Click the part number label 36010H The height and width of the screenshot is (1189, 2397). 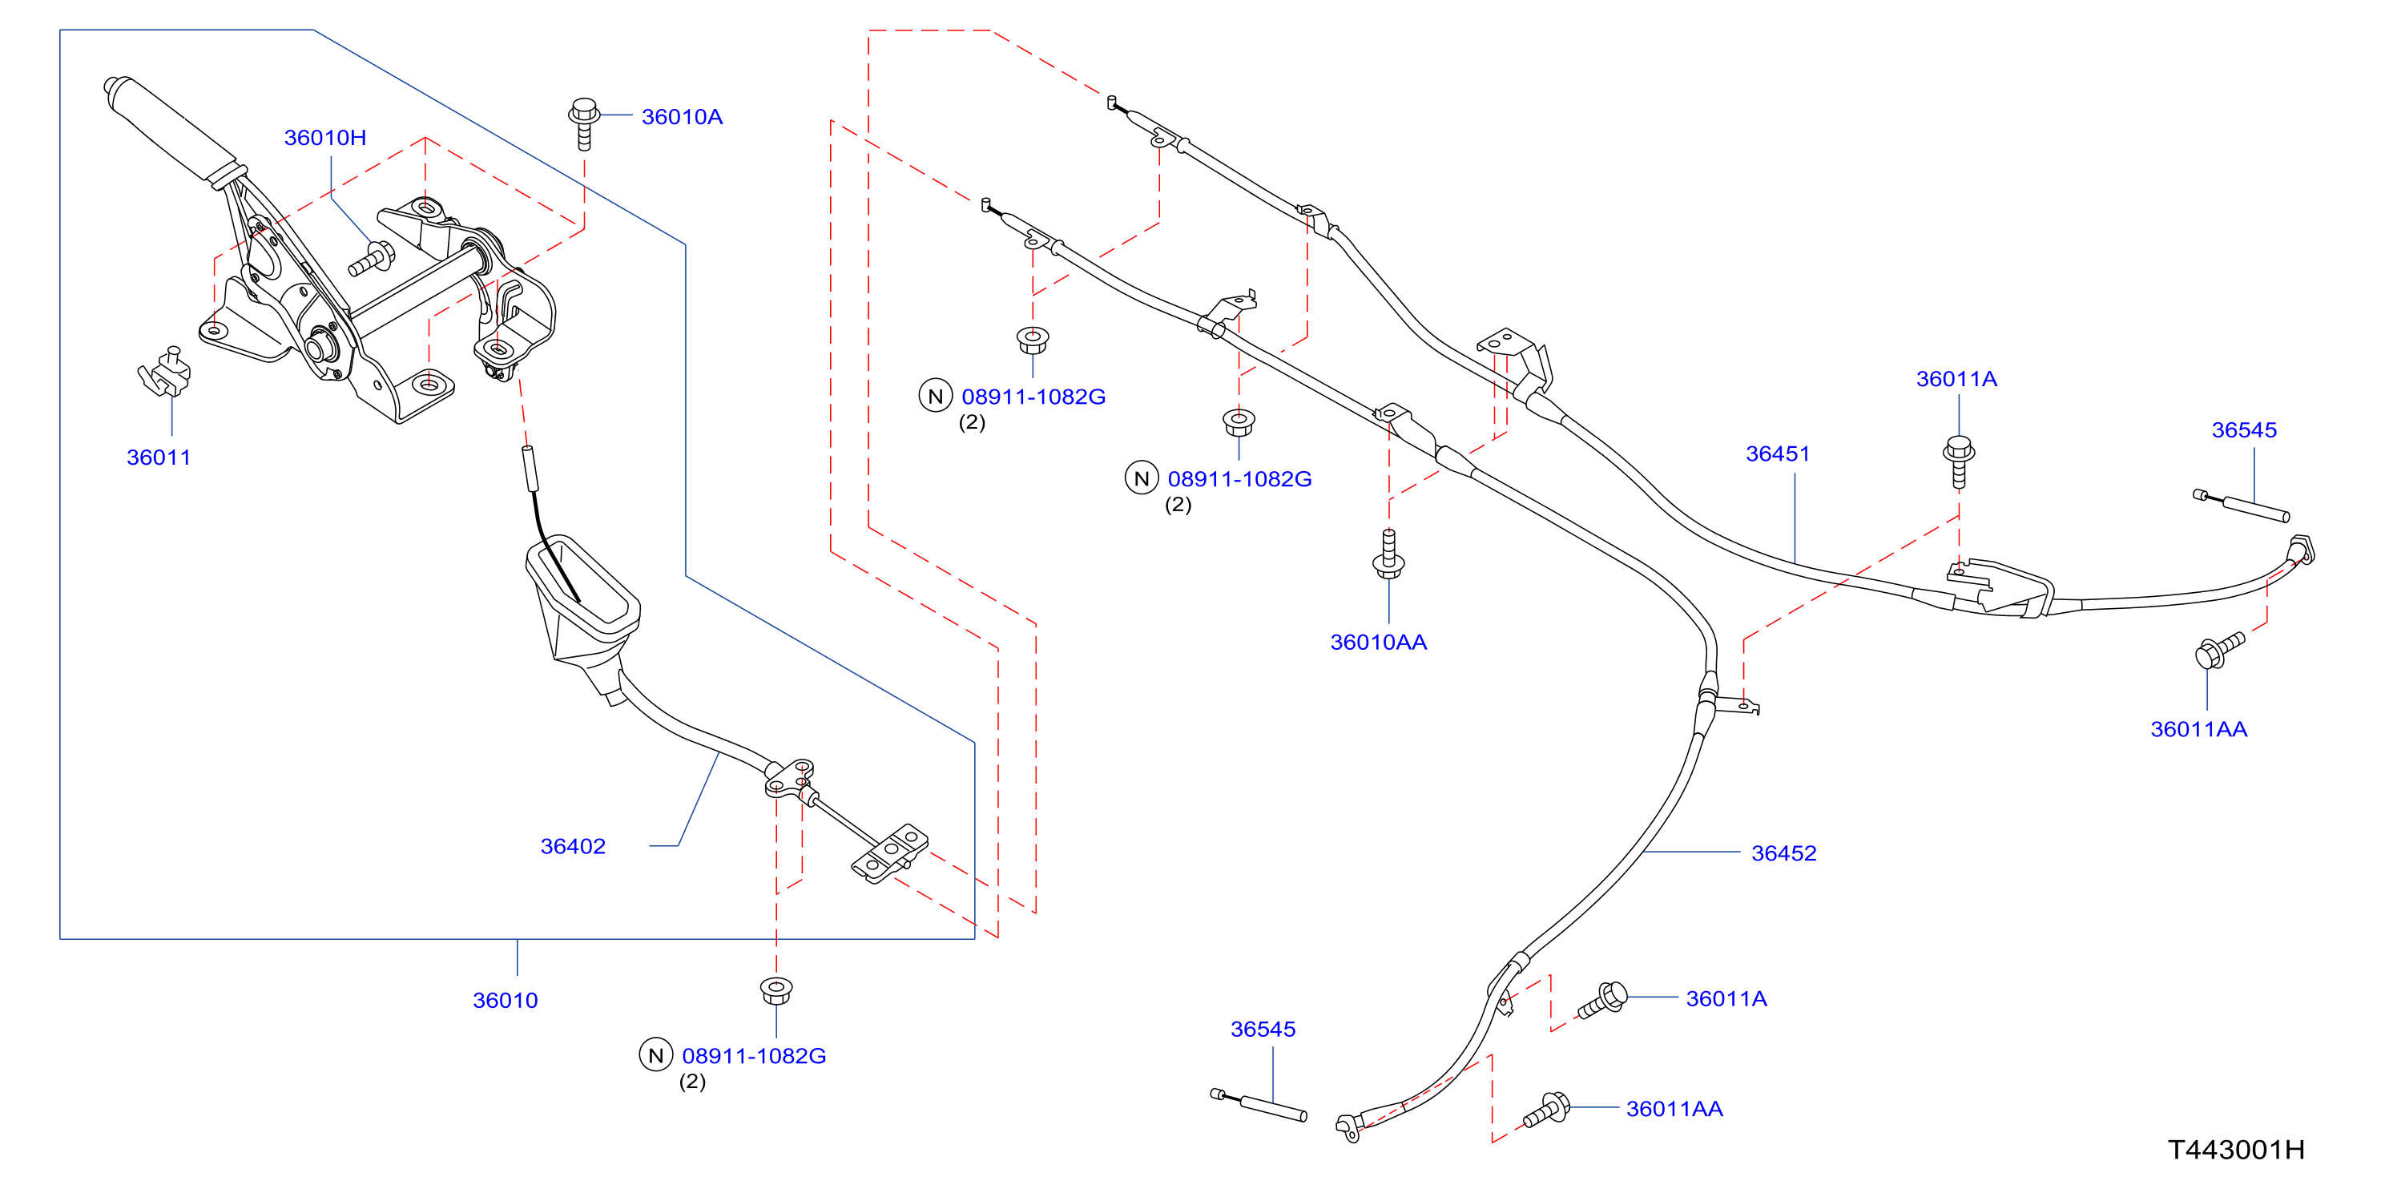pyautogui.click(x=324, y=138)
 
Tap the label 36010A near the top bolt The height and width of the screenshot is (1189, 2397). pyautogui.click(x=682, y=117)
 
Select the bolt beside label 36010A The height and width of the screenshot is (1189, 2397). pyautogui.click(x=583, y=123)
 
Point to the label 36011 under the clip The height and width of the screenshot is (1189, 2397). pyautogui.click(x=158, y=457)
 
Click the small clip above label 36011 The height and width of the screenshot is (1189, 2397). pyautogui.click(x=165, y=372)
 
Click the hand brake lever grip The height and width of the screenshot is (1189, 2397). pyautogui.click(x=175, y=131)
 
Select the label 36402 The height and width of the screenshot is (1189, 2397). pyautogui.click(x=573, y=847)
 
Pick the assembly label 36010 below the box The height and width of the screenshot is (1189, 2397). pyautogui.click(x=506, y=1001)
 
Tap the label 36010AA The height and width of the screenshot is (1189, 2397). pyautogui.click(x=1378, y=643)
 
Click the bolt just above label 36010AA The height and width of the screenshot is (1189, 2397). pyautogui.click(x=1388, y=554)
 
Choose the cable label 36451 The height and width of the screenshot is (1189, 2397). pyautogui.click(x=1777, y=454)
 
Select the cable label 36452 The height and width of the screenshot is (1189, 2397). pyautogui.click(x=1784, y=854)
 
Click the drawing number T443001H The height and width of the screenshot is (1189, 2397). pyautogui.click(x=2236, y=1151)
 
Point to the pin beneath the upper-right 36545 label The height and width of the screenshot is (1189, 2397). pyautogui.click(x=2241, y=506)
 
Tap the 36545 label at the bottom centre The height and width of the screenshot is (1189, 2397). pyautogui.click(x=1263, y=1030)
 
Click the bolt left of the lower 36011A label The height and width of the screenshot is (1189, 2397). pyautogui.click(x=1602, y=1000)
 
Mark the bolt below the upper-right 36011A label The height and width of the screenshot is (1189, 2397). pyautogui.click(x=1959, y=461)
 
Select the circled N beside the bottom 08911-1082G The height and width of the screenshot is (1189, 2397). pyautogui.click(x=656, y=1055)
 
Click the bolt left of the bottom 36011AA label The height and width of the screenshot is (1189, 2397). pyautogui.click(x=1546, y=1110)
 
